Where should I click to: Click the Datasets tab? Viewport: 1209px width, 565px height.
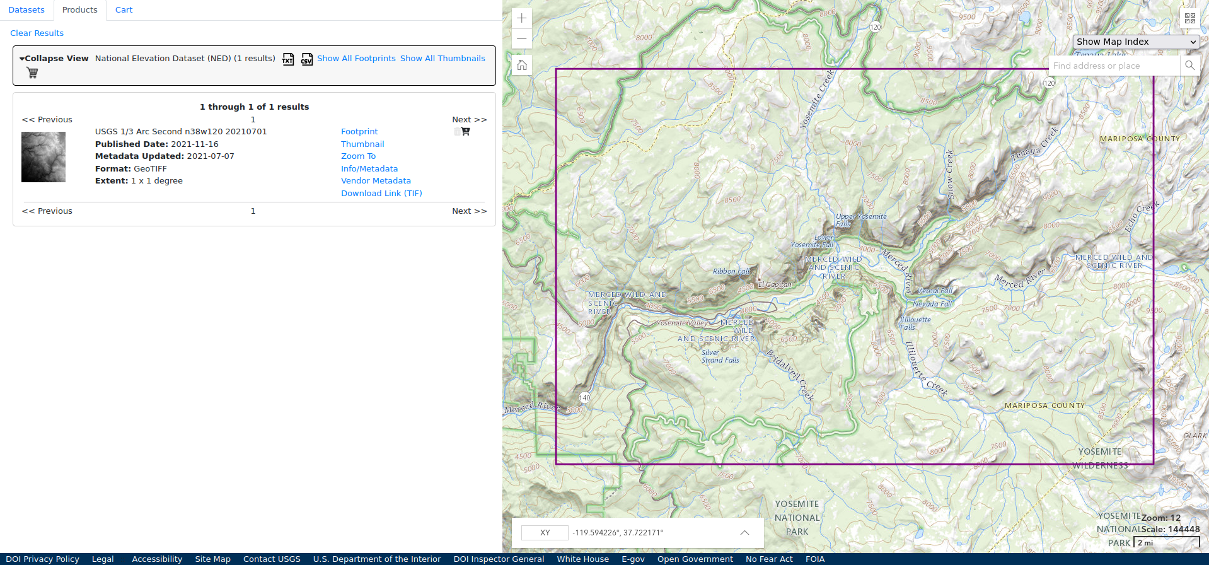[x=26, y=10]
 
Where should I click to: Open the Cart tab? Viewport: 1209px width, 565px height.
[x=124, y=10]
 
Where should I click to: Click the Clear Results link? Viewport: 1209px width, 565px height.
[x=37, y=33]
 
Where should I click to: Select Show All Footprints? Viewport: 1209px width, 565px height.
[x=356, y=59]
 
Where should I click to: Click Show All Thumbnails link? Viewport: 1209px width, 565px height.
[x=443, y=59]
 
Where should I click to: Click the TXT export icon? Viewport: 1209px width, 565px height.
[x=288, y=59]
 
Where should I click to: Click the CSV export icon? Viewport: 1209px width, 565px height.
[x=306, y=59]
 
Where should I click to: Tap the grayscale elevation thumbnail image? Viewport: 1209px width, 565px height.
[x=43, y=157]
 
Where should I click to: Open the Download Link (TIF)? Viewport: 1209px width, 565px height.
[x=381, y=194]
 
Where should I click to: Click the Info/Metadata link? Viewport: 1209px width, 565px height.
[x=369, y=169]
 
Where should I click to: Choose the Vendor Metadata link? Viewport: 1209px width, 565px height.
[x=376, y=181]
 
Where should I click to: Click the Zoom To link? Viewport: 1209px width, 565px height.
[x=358, y=156]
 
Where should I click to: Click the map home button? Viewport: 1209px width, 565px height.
[x=522, y=65]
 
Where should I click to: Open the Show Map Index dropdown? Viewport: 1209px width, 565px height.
[x=1136, y=42]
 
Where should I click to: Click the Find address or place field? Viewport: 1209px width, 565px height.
[x=1114, y=66]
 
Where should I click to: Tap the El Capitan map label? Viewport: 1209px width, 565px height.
[x=775, y=284]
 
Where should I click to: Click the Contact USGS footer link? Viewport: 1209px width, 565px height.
[x=272, y=559]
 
